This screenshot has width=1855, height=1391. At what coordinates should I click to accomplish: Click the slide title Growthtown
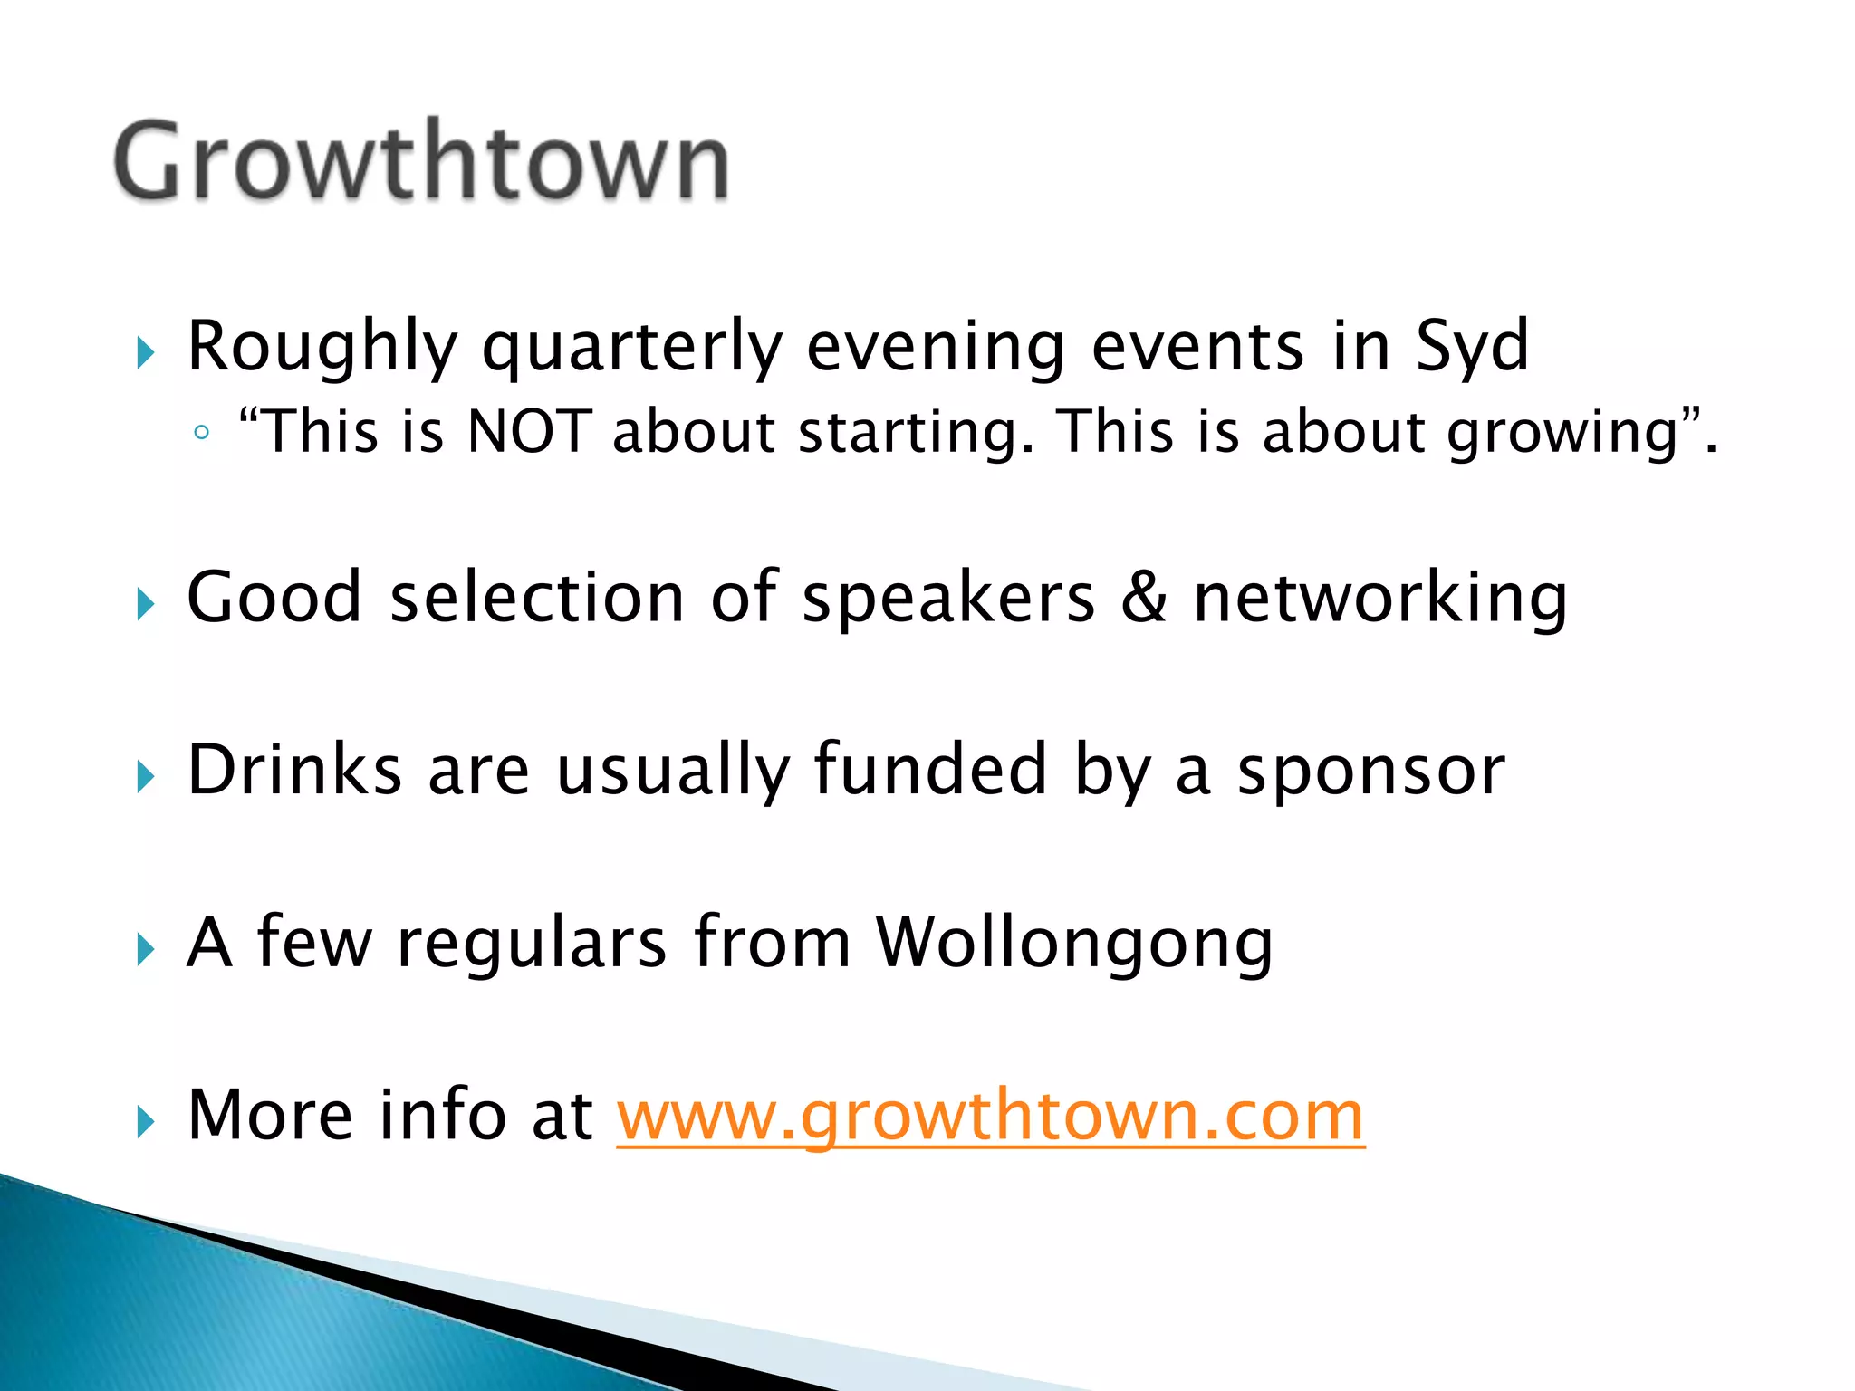click(421, 161)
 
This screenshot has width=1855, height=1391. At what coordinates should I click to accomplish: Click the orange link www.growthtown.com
click(990, 1116)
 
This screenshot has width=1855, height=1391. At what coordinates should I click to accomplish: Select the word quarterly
click(631, 348)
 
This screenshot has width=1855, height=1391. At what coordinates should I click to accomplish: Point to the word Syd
click(1473, 348)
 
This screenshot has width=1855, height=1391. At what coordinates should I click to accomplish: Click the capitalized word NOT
click(529, 431)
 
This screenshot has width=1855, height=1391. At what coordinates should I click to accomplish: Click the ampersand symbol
click(1144, 598)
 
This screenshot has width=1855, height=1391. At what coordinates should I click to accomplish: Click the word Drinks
click(294, 771)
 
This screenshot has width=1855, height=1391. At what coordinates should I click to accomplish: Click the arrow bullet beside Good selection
click(146, 604)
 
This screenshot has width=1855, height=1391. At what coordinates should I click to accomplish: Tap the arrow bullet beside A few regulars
click(146, 950)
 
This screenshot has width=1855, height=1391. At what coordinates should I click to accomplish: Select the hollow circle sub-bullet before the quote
click(202, 433)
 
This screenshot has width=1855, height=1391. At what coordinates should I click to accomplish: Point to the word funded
click(930, 771)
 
